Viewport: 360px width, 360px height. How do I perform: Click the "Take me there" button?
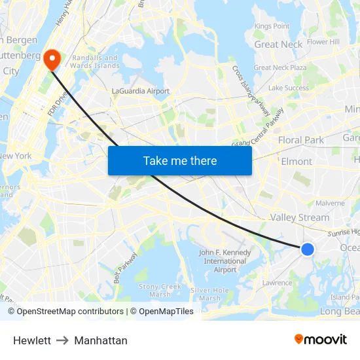point(180,160)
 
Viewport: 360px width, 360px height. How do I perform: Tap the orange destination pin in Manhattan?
point(52,60)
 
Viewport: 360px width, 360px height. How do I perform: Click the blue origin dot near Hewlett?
point(307,249)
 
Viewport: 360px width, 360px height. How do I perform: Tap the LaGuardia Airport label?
point(141,92)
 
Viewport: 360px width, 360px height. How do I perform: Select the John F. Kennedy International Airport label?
point(225,261)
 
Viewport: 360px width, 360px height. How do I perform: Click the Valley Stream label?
point(300,217)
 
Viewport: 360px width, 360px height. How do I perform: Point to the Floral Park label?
point(300,140)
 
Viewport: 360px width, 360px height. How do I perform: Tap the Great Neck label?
point(278,45)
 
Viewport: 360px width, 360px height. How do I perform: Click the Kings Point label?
point(272,26)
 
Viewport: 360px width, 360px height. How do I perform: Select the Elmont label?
point(296,161)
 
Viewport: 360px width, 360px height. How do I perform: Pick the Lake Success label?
point(288,88)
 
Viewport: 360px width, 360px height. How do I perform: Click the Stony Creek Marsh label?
point(160,290)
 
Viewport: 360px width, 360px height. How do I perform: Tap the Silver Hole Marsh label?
point(209,294)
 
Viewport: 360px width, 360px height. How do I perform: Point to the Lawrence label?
point(278,283)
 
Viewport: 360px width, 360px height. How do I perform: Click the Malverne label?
point(331,203)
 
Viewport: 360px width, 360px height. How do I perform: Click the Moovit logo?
point(321,339)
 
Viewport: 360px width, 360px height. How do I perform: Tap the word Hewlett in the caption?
point(32,340)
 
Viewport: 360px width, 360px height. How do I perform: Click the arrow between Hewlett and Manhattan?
point(63,340)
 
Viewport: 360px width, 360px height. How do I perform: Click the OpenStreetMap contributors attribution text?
point(65,312)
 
